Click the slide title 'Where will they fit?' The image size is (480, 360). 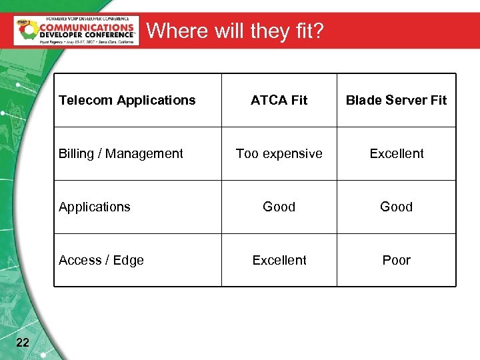[235, 31]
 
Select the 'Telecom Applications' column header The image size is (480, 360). [127, 100]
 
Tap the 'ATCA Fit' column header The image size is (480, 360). [279, 100]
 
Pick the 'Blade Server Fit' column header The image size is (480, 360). [396, 100]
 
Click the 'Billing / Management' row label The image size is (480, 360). [121, 153]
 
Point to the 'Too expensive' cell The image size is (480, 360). [279, 153]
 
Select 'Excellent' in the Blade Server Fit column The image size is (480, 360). [397, 153]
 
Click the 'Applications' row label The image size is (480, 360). [95, 207]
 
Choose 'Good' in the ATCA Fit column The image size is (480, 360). [279, 207]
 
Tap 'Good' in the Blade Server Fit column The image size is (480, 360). [396, 207]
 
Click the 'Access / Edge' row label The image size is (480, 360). [101, 260]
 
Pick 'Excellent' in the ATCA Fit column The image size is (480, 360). [279, 260]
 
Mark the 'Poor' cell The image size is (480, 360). [396, 260]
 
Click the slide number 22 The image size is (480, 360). [22, 343]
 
